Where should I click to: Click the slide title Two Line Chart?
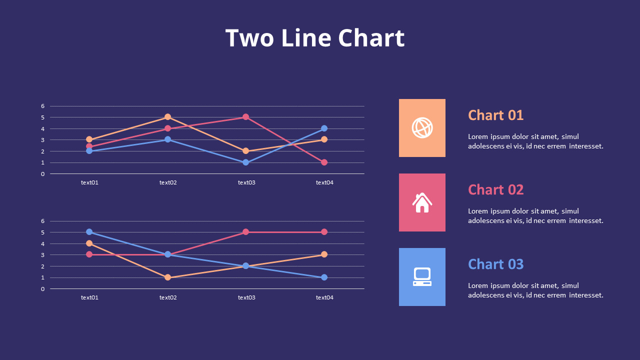pos(314,38)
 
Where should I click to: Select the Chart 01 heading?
pos(495,115)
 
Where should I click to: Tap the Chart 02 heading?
pos(495,189)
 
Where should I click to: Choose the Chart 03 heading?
pos(495,264)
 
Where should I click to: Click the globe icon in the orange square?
pos(422,127)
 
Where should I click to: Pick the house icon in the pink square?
pos(422,202)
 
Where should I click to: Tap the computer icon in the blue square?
pos(422,276)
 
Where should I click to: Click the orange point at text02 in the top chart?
pos(167,117)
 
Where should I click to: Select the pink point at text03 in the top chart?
pos(245,117)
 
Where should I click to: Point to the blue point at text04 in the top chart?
pos(324,128)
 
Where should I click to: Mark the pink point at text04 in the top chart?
pos(324,162)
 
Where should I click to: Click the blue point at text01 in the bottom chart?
pos(89,232)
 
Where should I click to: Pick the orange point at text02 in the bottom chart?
pos(167,277)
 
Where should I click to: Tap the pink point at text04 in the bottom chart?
pos(324,232)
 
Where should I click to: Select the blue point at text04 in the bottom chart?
pos(324,277)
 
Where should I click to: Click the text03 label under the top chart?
pos(246,182)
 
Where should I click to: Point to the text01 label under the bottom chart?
pos(89,297)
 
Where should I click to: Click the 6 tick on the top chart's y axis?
pos(43,106)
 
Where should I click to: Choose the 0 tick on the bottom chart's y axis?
pos(43,289)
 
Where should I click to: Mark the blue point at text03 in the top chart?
pos(245,162)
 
